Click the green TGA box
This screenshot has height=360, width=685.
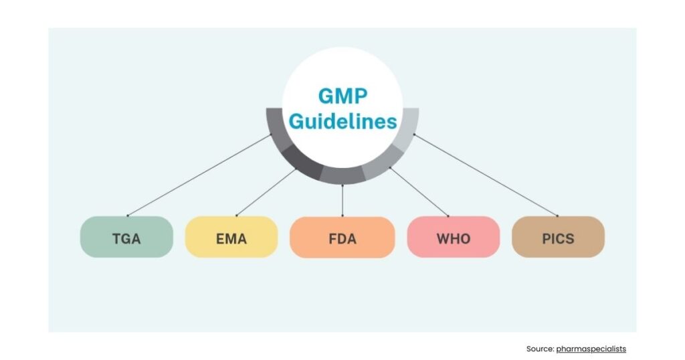pyautogui.click(x=126, y=237)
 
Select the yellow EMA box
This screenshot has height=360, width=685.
pyautogui.click(x=231, y=237)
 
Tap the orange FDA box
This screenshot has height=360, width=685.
pyautogui.click(x=342, y=237)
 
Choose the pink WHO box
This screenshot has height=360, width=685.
pyautogui.click(x=453, y=237)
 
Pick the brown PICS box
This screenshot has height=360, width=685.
pyautogui.click(x=558, y=237)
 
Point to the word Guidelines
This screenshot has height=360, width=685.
pyautogui.click(x=342, y=122)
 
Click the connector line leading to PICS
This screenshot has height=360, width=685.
pyautogui.click(x=486, y=175)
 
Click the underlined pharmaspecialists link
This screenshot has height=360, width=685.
pyautogui.click(x=591, y=349)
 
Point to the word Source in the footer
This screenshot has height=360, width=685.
pyautogui.click(x=539, y=349)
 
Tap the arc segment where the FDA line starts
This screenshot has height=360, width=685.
pyautogui.click(x=342, y=175)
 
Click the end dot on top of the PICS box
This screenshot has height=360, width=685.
pyautogui.click(x=557, y=215)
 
